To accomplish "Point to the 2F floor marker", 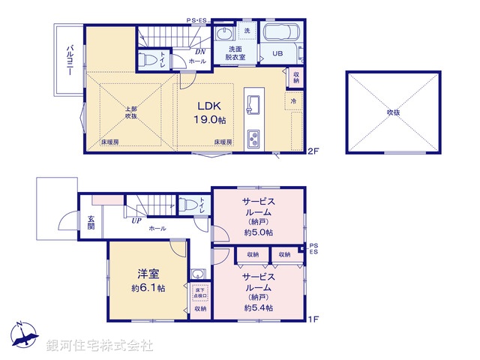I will pos(313,151).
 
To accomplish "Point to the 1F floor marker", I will pos(314,319).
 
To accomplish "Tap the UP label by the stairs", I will pos(136,220).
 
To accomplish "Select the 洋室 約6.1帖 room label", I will pos(147,280).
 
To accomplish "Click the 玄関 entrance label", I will pos(90,223).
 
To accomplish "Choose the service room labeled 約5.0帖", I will pos(258,216).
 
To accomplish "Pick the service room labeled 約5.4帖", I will pos(258,292).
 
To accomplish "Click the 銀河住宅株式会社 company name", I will pos(99,346).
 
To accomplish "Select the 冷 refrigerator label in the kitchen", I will pos(293,100).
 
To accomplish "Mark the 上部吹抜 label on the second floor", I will pos(131,112).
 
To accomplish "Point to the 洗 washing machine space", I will pos(247,31).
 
